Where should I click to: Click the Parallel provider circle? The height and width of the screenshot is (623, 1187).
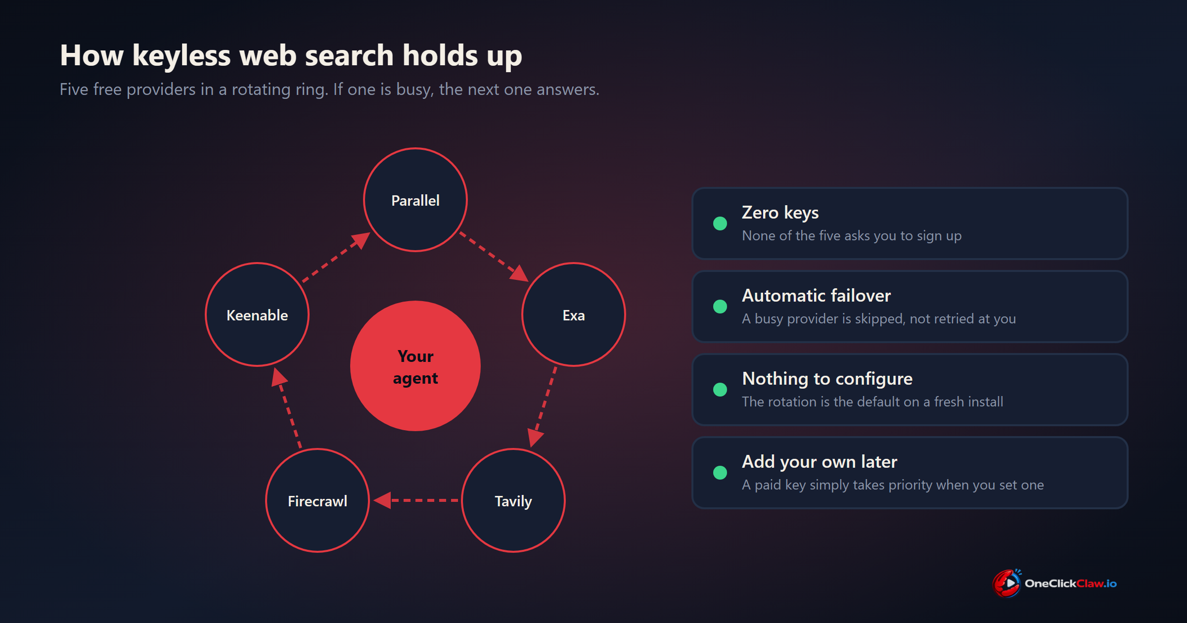[x=415, y=200]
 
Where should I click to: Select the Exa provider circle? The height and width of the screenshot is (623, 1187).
[x=574, y=314]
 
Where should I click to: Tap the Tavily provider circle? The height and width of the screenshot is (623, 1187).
[x=513, y=500]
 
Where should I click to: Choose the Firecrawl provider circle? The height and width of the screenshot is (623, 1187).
[x=318, y=500]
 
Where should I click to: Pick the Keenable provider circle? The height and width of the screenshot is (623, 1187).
[x=257, y=314]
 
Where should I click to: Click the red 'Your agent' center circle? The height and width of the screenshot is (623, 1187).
[x=415, y=366]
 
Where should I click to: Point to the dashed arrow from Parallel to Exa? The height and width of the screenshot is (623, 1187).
[x=494, y=257]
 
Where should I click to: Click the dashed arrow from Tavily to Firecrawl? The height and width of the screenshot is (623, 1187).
[x=416, y=500]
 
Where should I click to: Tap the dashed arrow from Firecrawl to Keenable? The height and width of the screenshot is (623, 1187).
[x=287, y=407]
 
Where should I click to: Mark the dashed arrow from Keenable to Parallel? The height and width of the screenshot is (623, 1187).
[x=336, y=257]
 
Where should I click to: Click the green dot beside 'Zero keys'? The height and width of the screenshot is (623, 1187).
[x=720, y=223]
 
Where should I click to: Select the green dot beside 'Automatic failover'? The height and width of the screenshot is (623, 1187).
[x=720, y=307]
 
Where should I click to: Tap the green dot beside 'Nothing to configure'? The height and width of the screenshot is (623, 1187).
[x=720, y=390]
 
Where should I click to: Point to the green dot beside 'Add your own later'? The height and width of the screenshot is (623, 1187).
[x=720, y=473]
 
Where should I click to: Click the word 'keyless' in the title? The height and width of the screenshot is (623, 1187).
[x=182, y=55]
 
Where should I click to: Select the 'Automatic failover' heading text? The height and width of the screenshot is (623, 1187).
[x=817, y=295]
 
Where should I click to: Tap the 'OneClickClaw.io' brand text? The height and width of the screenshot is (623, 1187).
[x=1071, y=583]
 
